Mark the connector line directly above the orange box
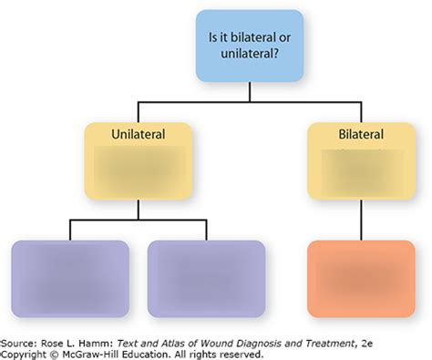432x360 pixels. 361,220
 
